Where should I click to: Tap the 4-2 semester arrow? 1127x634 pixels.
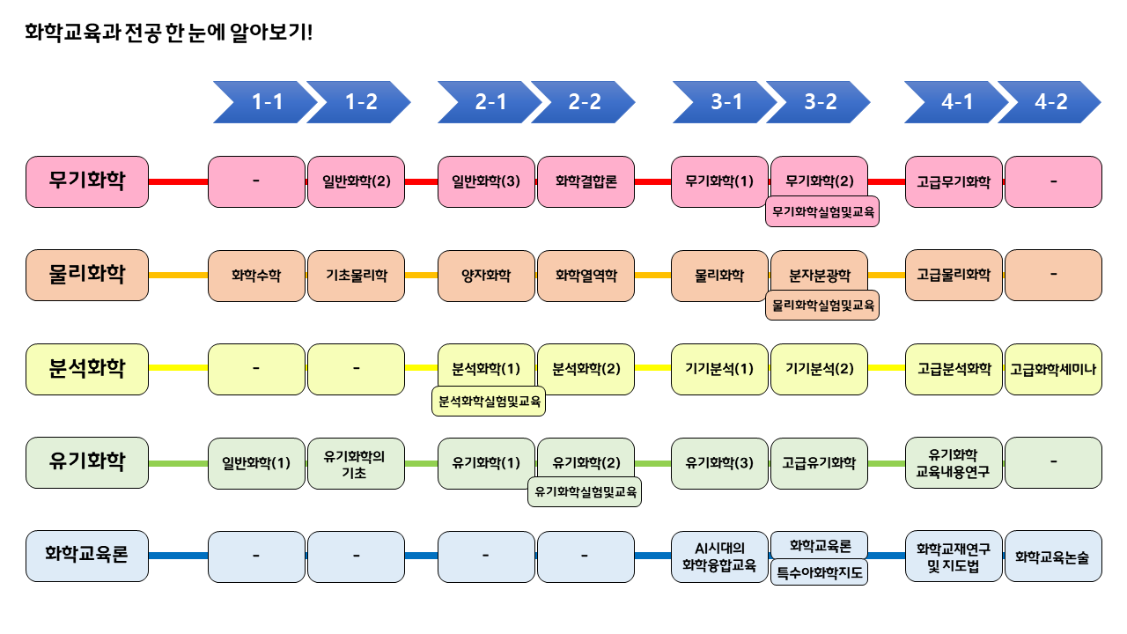coord(1048,102)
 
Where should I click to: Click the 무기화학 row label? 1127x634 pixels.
coord(87,182)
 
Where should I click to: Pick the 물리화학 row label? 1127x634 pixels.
coord(87,275)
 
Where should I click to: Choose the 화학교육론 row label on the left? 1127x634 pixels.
coord(87,556)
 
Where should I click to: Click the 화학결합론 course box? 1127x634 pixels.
coord(586,182)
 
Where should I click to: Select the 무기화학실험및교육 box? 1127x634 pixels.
coord(822,212)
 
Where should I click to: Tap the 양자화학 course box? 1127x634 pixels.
coord(486,275)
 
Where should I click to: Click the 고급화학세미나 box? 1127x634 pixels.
coord(1053,368)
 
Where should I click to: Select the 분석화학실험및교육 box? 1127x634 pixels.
coord(489,402)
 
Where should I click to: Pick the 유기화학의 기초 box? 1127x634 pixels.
coord(356,463)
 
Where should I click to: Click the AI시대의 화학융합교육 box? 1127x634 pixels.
coord(719,557)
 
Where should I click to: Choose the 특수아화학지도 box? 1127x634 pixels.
coord(819,573)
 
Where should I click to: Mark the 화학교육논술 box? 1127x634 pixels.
coord(1053,557)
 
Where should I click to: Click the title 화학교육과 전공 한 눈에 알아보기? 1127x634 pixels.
coord(168,33)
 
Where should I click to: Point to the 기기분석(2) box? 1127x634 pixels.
coord(819,368)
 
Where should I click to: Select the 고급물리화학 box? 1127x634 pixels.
coord(954,275)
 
